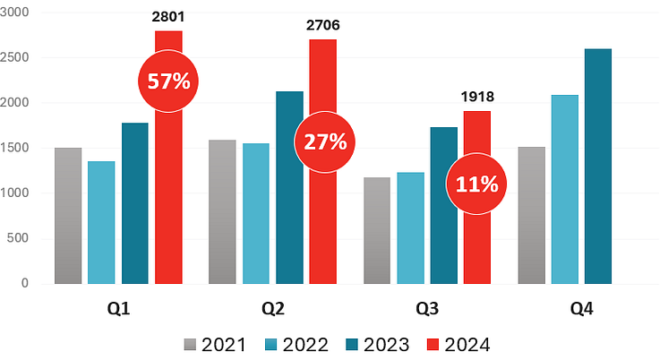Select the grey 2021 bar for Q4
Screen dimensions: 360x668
click(531, 216)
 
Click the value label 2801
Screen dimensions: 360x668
click(169, 15)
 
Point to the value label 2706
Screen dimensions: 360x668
click(322, 24)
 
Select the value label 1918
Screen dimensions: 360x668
click(477, 97)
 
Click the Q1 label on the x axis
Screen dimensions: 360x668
click(119, 310)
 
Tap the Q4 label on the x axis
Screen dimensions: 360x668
click(582, 310)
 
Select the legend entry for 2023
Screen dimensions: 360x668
click(379, 344)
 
